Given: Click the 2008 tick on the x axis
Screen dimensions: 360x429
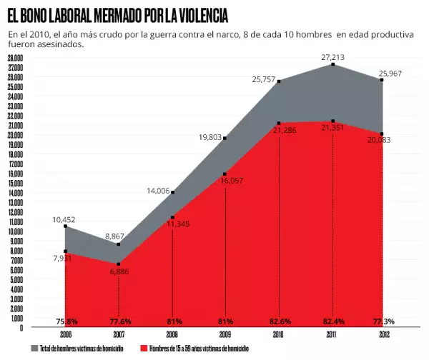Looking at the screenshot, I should tap(172, 334).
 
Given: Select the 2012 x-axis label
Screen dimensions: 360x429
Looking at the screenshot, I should tap(383, 334).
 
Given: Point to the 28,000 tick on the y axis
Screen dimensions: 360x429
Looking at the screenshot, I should tap(15, 58).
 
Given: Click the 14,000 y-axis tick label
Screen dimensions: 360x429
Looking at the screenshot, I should tap(15, 193).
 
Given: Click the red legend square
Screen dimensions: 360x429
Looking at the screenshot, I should tap(143, 349).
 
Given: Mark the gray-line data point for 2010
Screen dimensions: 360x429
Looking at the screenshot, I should tap(279, 81).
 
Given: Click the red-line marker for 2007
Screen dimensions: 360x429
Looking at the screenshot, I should tap(119, 264).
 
